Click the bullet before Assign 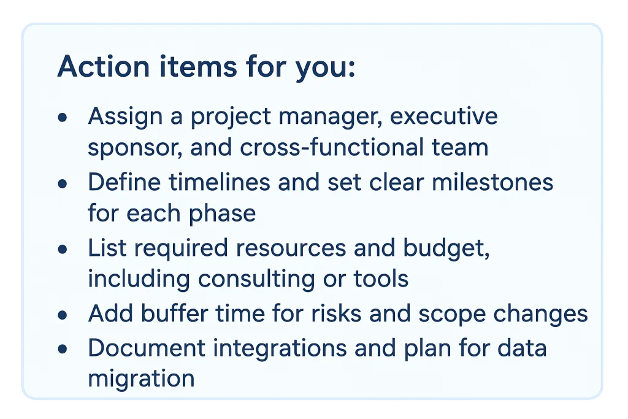[x=62, y=117]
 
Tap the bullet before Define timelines [x=62, y=183]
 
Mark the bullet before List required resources [x=62, y=249]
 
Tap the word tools [x=381, y=279]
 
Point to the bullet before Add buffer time [x=62, y=315]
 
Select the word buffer [x=174, y=314]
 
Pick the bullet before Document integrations [x=62, y=348]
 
